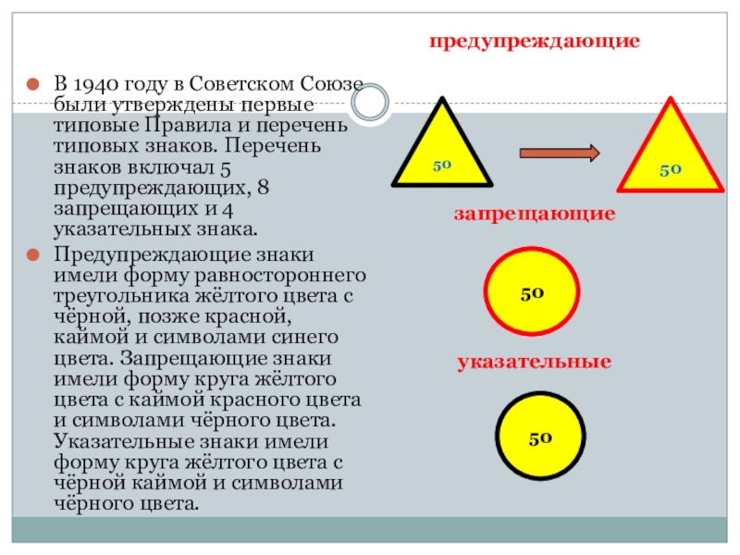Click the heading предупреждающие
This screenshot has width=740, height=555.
click(x=535, y=43)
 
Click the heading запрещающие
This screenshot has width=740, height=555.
click(x=535, y=214)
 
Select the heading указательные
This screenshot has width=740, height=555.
click(x=535, y=361)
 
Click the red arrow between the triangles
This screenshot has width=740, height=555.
click(x=560, y=153)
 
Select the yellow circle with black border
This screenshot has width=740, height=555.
click(x=540, y=438)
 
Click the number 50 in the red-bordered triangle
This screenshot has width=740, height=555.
click(x=671, y=170)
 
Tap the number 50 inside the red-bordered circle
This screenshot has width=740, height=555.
click(x=531, y=291)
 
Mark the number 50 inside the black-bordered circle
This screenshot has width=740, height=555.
click(x=541, y=438)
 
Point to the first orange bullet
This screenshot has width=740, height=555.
click(x=31, y=85)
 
